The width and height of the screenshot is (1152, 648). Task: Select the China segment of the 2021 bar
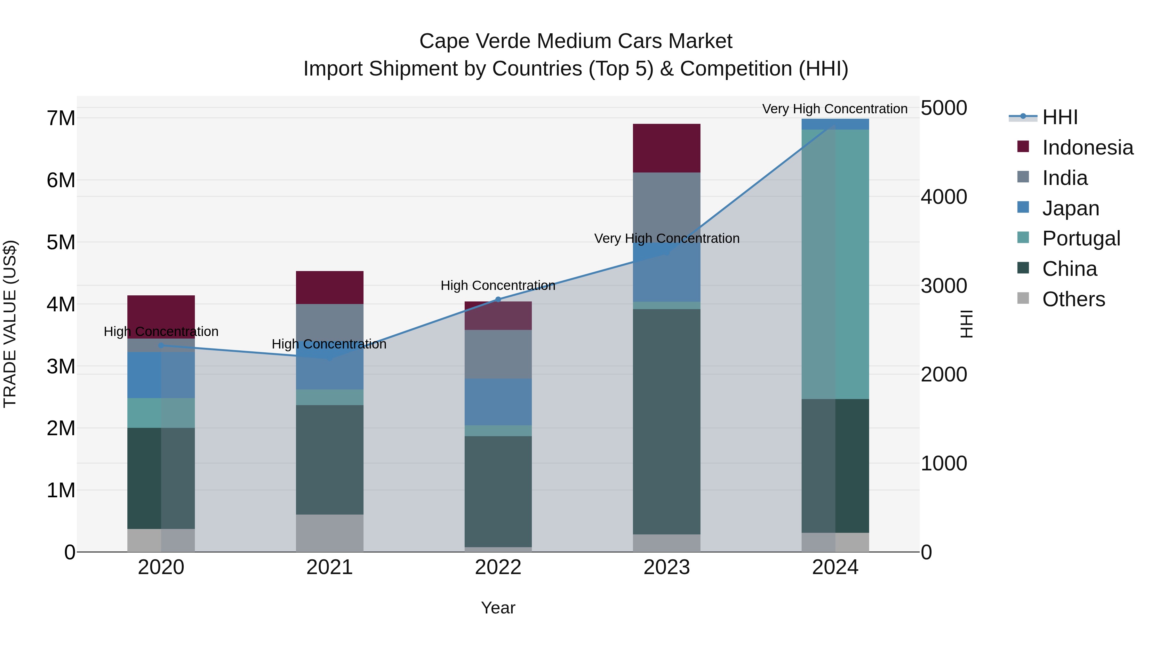330,460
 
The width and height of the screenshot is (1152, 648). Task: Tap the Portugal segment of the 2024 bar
835,264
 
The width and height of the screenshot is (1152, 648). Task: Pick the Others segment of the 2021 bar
330,533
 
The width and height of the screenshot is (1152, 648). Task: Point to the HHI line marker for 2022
498,300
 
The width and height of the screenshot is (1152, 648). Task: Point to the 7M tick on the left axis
61,118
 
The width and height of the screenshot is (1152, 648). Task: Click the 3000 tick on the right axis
944,286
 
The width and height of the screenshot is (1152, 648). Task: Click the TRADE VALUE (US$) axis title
10,324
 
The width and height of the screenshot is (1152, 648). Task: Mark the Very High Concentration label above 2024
835,109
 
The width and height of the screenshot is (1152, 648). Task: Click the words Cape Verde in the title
474,41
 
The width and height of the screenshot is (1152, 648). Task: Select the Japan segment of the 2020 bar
161,375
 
